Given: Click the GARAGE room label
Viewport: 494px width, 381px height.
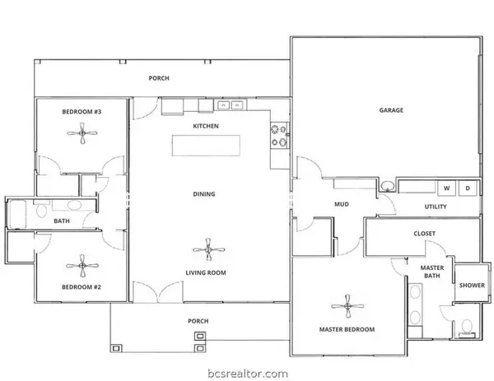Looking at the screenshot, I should click(390, 109).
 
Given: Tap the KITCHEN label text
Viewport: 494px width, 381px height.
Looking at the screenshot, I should click(205, 126).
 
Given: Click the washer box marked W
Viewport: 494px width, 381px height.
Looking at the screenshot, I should click(448, 188).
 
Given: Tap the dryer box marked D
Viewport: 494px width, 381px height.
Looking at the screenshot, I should click(468, 188).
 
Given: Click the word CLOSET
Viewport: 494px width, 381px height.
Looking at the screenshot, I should click(424, 234).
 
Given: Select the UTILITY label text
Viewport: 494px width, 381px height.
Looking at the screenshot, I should click(436, 207).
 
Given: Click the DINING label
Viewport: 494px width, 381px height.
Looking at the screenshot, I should click(204, 194).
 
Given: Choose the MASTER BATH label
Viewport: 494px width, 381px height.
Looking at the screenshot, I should click(432, 272).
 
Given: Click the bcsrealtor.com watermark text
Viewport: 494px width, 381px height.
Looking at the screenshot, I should click(247, 372).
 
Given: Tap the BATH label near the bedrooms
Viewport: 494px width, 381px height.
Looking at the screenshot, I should click(62, 221).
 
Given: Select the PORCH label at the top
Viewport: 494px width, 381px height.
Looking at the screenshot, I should click(159, 79).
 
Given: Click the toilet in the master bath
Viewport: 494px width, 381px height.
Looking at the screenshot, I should click(466, 328).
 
